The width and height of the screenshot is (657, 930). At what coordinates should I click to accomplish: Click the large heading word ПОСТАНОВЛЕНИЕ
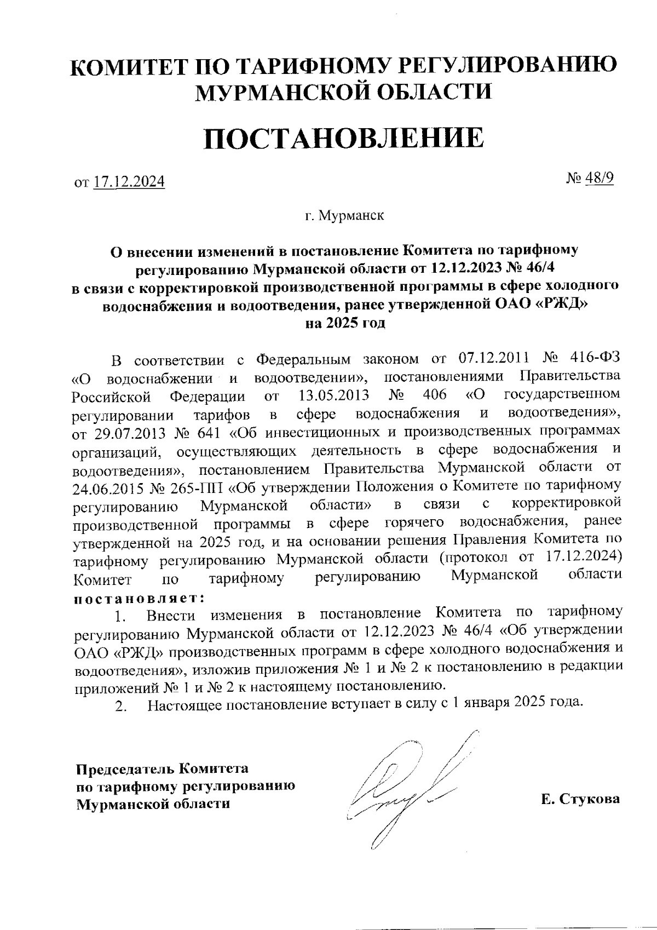(x=344, y=138)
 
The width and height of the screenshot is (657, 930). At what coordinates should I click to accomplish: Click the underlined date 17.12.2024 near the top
(x=129, y=181)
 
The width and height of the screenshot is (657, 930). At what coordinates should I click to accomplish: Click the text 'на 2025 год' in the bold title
(x=345, y=323)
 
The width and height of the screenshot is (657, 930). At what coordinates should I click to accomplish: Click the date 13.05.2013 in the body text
(x=334, y=394)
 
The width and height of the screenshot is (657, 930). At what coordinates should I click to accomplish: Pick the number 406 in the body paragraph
(x=435, y=394)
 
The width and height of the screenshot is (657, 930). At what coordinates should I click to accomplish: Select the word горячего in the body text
(x=419, y=523)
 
